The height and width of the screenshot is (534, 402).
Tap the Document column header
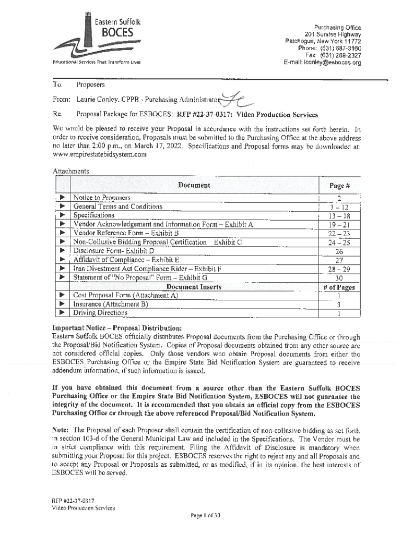click(x=194, y=185)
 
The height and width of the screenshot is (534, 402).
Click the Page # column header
click(x=339, y=186)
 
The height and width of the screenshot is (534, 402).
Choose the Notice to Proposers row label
click(x=102, y=198)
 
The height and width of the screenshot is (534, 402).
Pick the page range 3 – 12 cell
click(x=339, y=207)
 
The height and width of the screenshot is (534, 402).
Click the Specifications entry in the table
click(x=93, y=215)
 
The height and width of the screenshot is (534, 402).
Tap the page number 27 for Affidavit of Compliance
click(x=339, y=260)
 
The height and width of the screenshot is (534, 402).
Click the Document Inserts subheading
click(x=194, y=287)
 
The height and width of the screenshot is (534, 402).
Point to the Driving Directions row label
click(x=100, y=313)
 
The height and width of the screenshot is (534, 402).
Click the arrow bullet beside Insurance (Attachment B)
click(x=62, y=305)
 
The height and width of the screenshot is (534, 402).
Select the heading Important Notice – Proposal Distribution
click(x=116, y=328)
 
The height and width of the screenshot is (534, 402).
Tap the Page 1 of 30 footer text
click(x=206, y=516)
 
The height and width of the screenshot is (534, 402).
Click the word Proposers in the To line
click(x=90, y=84)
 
